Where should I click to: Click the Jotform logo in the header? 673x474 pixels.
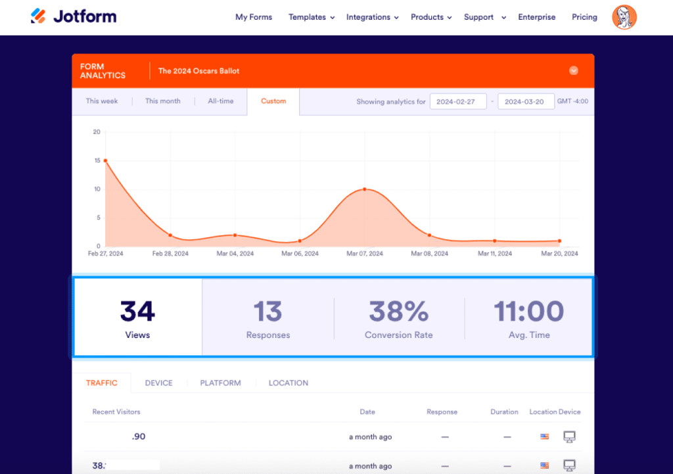coord(74,16)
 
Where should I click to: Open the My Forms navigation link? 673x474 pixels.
coord(254,17)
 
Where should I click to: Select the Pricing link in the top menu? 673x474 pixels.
coord(584,17)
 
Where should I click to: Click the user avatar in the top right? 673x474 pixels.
coord(624,17)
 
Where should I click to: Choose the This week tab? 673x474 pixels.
coord(102,101)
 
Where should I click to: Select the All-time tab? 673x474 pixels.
coord(221,101)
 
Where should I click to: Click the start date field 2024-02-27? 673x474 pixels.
coord(458,102)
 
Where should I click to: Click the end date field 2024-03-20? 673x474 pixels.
coord(526,102)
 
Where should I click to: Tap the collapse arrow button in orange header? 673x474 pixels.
coord(574,70)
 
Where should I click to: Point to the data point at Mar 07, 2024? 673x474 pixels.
coord(365,189)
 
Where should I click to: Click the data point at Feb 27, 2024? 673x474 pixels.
coord(105,160)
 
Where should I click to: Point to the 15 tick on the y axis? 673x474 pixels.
coord(97,160)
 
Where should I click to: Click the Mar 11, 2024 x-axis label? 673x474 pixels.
coord(495,253)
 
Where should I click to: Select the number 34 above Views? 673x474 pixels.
coord(137,312)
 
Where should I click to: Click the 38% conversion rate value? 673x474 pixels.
coord(398,312)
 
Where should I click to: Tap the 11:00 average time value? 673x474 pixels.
coord(529,312)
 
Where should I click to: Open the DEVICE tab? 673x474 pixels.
coord(159,383)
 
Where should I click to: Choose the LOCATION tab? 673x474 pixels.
coord(288,383)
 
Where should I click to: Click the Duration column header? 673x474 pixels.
coord(504,412)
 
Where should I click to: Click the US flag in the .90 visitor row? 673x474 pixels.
coord(544,437)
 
